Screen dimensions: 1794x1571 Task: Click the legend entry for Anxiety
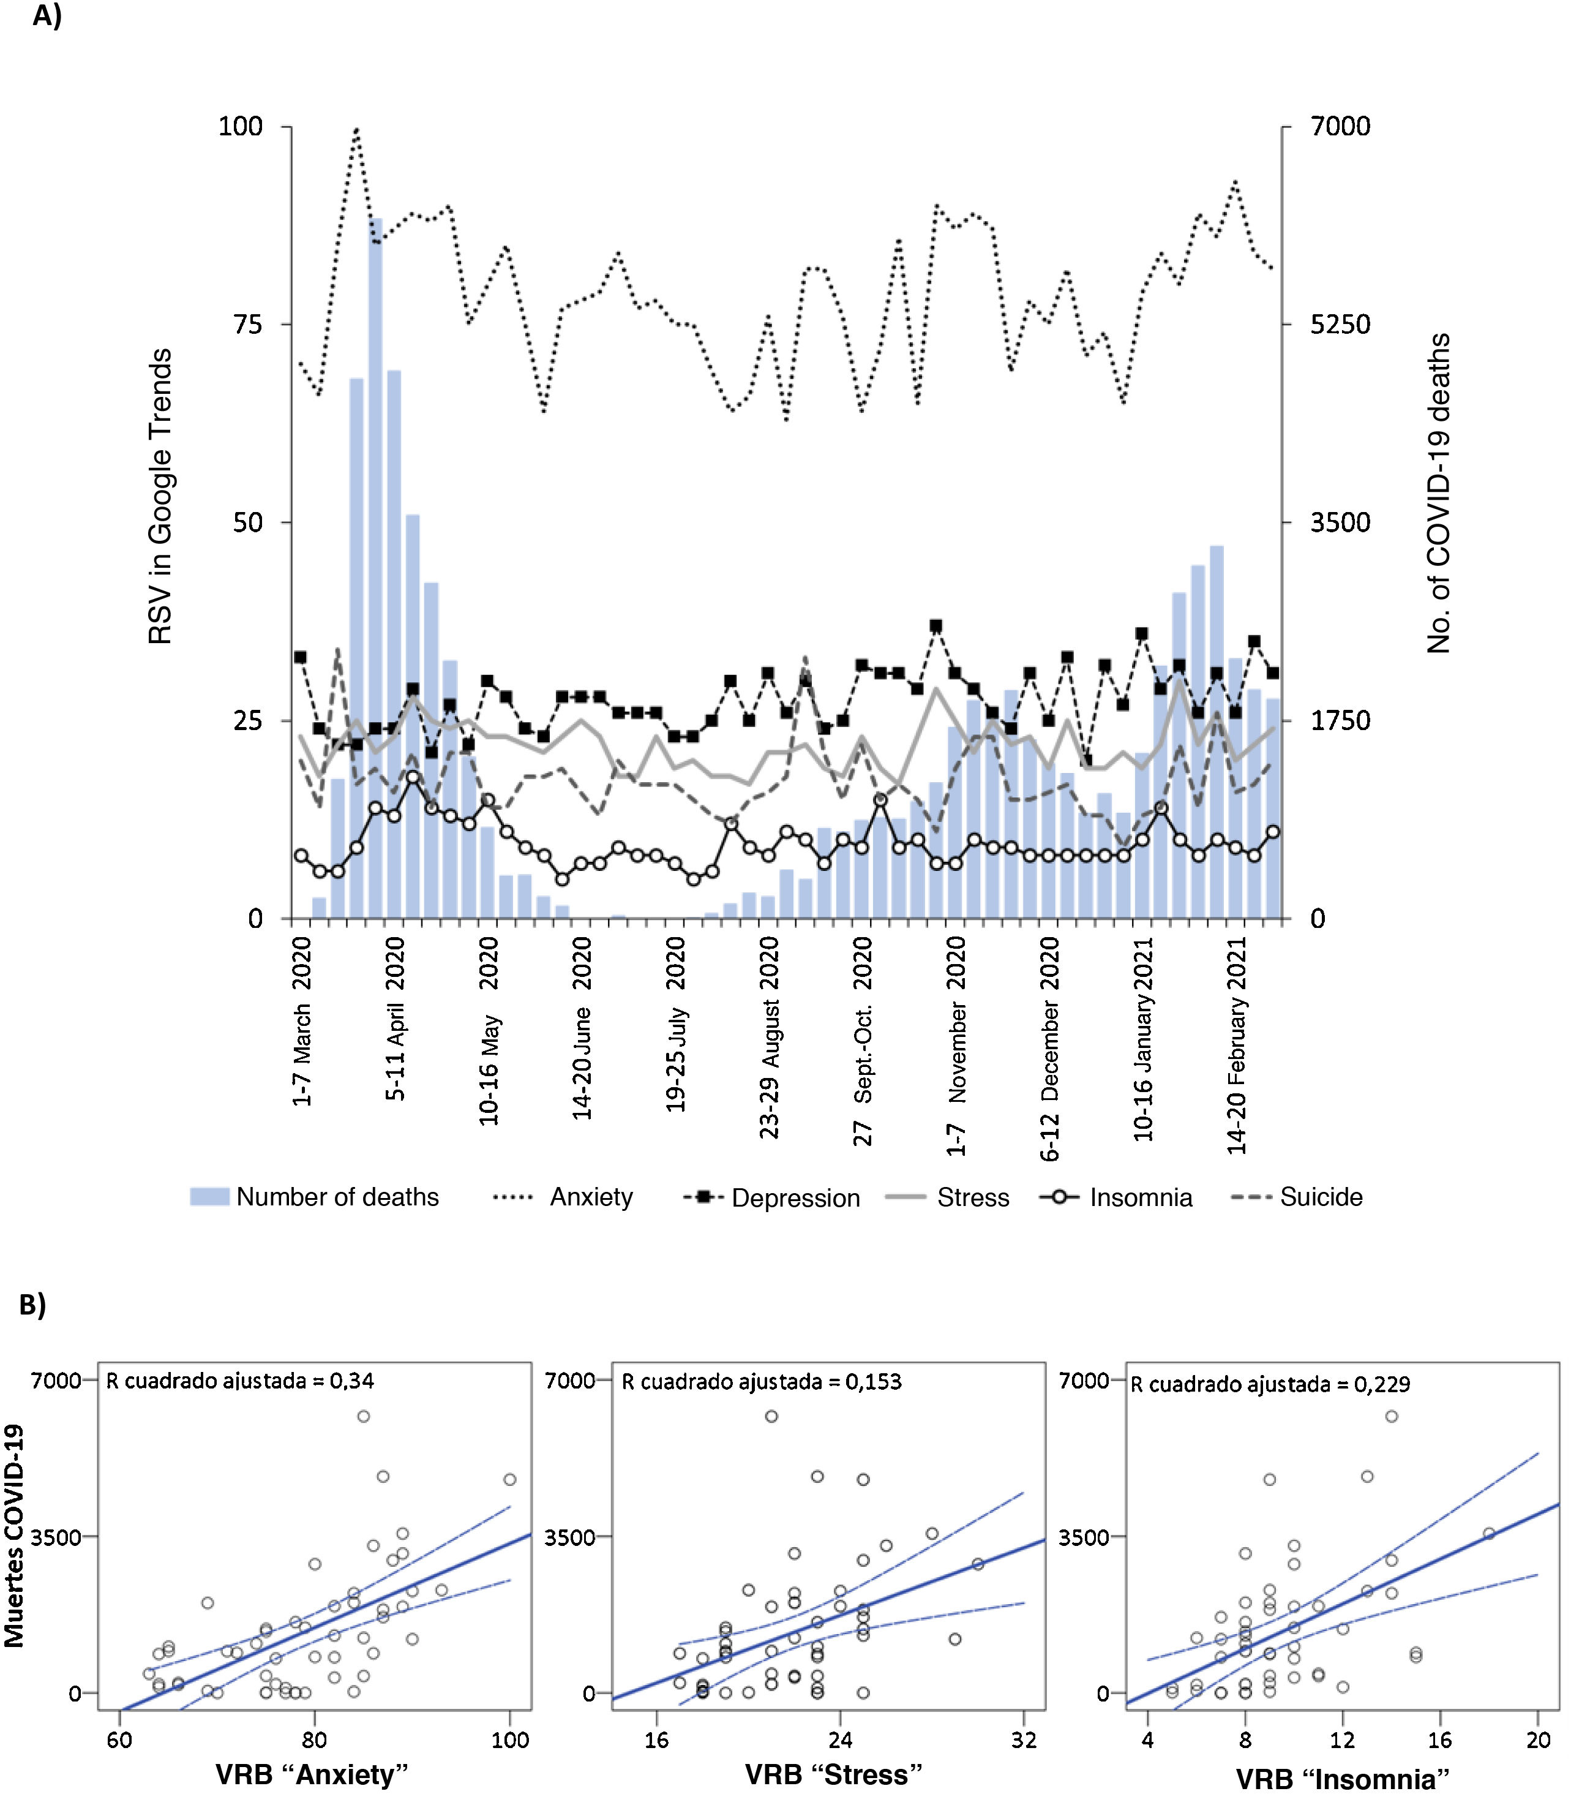[x=590, y=1197]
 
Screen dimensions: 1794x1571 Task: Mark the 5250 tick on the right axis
[x=1340, y=325]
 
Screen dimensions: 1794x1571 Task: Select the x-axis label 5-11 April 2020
[x=396, y=1018]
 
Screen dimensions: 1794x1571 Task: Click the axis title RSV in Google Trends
[x=160, y=496]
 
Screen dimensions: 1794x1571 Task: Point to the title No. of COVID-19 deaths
[x=1438, y=493]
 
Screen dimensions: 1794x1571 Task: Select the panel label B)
[x=32, y=1304]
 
